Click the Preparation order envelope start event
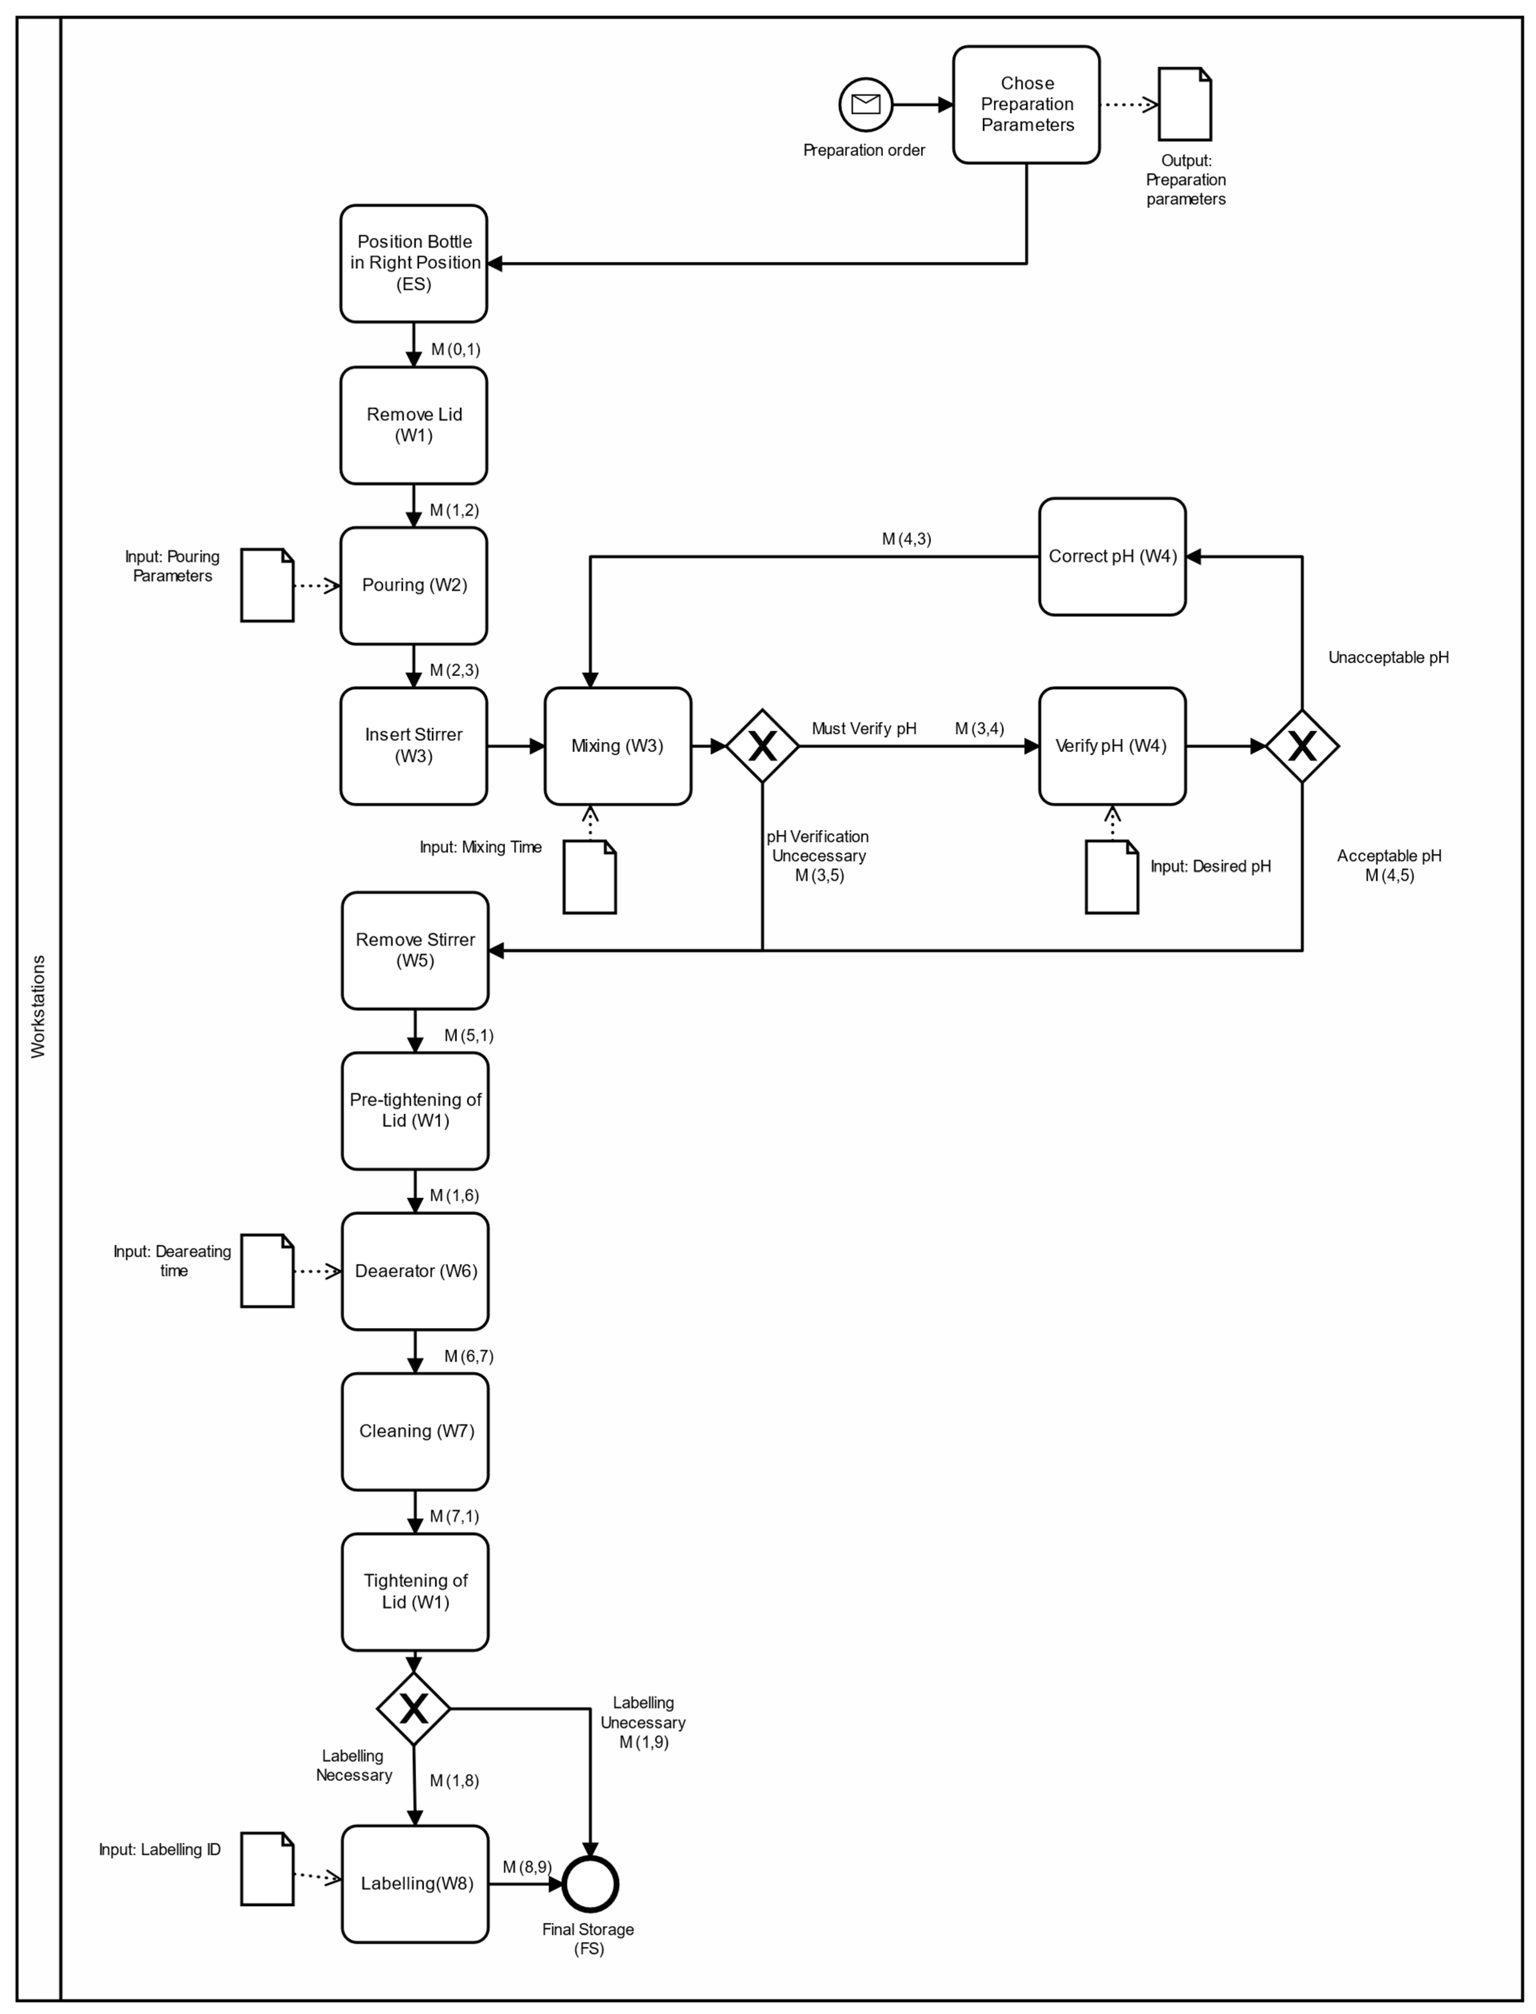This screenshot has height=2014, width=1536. tap(865, 104)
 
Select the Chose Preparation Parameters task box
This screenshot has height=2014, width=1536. tap(1026, 104)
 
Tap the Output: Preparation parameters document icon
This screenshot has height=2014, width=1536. tap(1185, 104)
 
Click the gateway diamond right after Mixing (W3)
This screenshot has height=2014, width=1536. tap(763, 746)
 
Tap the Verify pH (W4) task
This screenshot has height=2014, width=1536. tap(1112, 746)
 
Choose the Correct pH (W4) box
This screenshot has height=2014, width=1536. tap(1112, 556)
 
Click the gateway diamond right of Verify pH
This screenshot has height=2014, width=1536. tap(1302, 746)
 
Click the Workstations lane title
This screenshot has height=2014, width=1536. tap(38, 1006)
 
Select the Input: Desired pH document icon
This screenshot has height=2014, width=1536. tap(1112, 877)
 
